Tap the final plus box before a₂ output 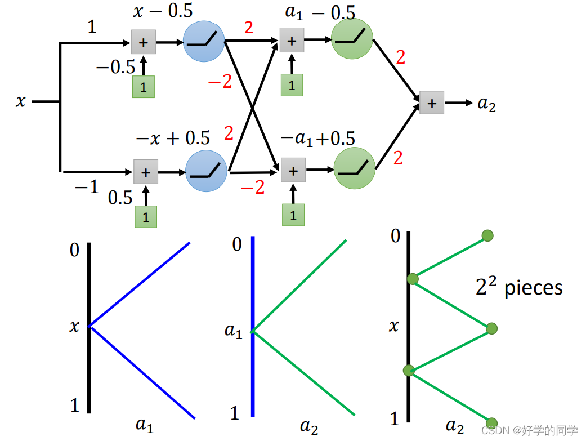(x=432, y=103)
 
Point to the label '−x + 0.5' (x=173, y=138)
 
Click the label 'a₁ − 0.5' (x=320, y=12)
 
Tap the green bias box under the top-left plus (x=143, y=87)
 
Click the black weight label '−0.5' (x=115, y=68)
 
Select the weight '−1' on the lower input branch (x=87, y=187)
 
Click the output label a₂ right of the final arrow (x=487, y=104)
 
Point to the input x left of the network (x=21, y=102)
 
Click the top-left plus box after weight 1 (x=143, y=42)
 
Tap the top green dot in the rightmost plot (x=487, y=235)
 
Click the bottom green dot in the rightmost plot (x=491, y=423)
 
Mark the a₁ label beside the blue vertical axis (x=233, y=331)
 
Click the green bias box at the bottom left (x=146, y=217)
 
